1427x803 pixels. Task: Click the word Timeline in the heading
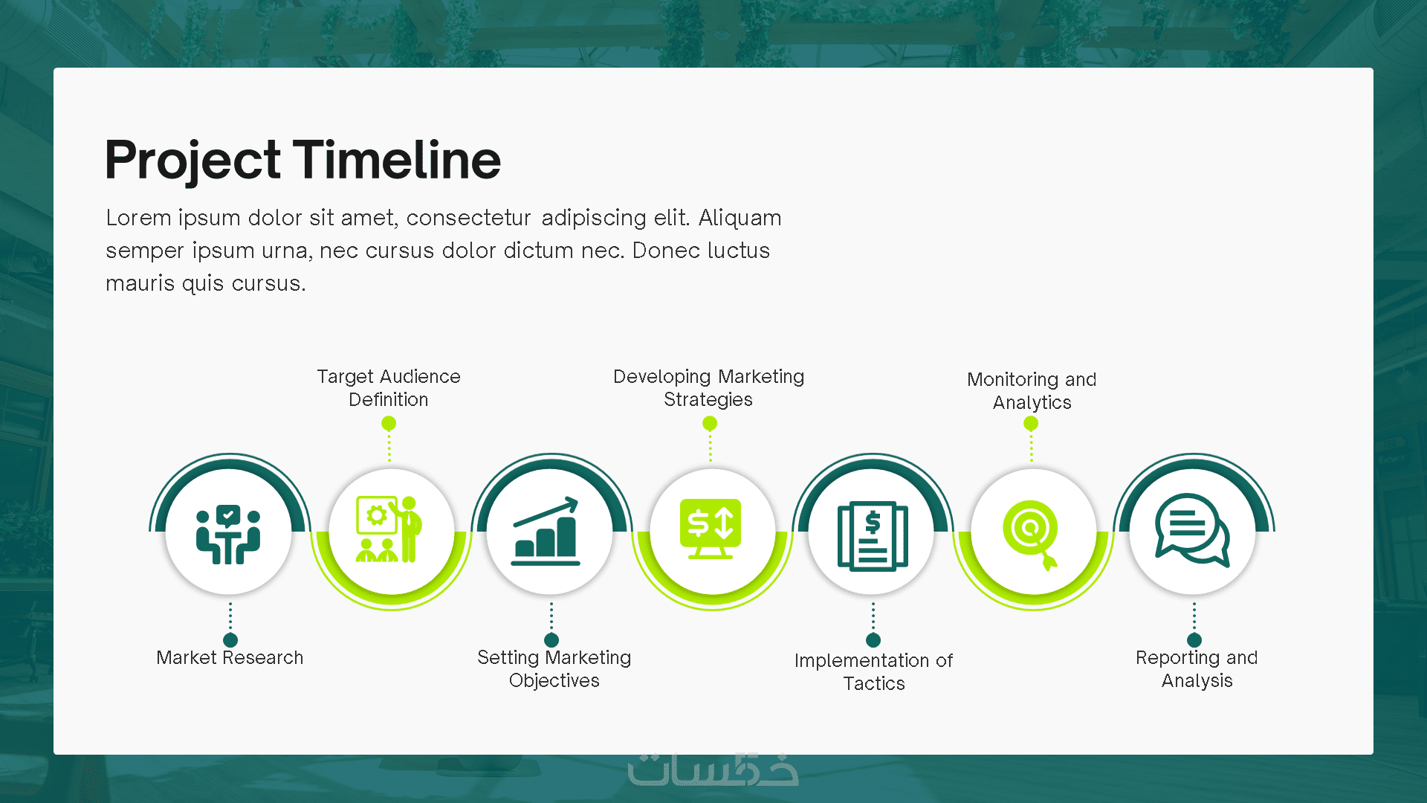[397, 159]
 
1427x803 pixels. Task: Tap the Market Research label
[230, 657]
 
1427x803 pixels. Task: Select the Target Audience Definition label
[389, 387]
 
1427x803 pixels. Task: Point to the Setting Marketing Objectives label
[554, 668]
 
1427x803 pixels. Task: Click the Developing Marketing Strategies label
[709, 387]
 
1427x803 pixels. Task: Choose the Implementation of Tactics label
[873, 671]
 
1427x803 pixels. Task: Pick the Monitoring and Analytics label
[1032, 390]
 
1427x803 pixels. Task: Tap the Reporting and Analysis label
[1197, 668]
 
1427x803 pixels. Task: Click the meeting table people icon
[228, 534]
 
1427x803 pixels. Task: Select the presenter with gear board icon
[389, 529]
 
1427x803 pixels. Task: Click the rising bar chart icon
[546, 531]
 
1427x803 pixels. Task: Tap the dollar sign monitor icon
[711, 529]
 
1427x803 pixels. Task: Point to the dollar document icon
[873, 536]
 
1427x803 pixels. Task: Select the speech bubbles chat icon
[1192, 530]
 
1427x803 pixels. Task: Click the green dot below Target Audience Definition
[389, 423]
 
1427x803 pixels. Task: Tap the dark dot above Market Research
[230, 639]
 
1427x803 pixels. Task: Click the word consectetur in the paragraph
[468, 218]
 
